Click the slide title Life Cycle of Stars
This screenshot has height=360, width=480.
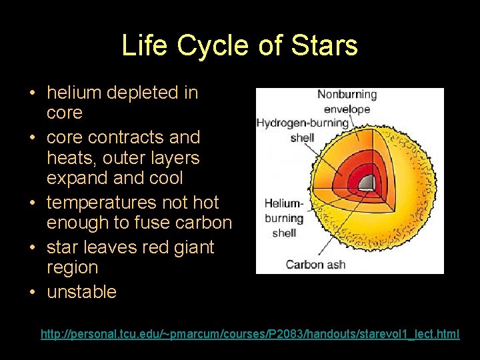point(240,46)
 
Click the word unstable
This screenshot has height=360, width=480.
point(81,291)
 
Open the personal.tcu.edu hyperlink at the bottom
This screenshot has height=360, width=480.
point(249,333)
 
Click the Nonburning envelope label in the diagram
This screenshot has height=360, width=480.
point(347,101)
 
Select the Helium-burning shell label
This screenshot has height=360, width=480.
point(284,218)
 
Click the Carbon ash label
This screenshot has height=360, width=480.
point(315,265)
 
